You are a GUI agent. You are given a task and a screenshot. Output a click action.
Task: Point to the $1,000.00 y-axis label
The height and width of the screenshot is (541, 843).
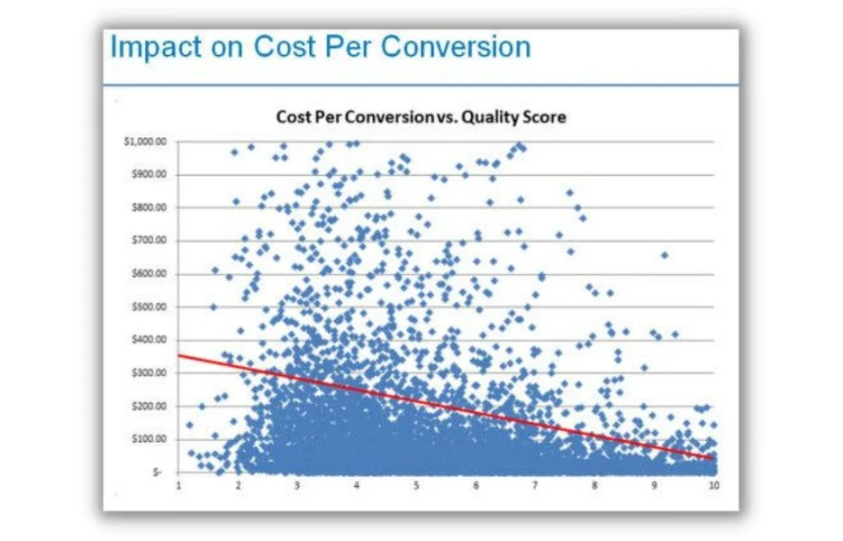pyautogui.click(x=143, y=142)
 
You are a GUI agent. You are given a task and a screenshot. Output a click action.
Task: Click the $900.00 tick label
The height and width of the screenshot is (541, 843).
pyautogui.click(x=146, y=175)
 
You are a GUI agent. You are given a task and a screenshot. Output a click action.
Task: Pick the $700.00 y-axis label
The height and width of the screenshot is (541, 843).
pyautogui.click(x=146, y=241)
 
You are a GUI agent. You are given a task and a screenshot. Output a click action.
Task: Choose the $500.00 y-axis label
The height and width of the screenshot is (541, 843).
pyautogui.click(x=146, y=307)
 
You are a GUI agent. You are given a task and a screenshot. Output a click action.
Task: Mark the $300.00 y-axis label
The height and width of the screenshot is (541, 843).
pyautogui.click(x=146, y=372)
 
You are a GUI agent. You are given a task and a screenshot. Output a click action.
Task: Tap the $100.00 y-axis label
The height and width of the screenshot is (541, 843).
pyautogui.click(x=146, y=439)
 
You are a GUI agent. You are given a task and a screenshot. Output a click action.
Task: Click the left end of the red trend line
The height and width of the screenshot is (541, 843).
pyautogui.click(x=179, y=354)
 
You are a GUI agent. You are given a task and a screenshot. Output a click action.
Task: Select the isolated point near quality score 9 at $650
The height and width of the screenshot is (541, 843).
pyautogui.click(x=665, y=255)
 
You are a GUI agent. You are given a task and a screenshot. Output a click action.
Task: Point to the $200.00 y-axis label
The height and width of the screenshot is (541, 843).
pyautogui.click(x=146, y=406)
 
